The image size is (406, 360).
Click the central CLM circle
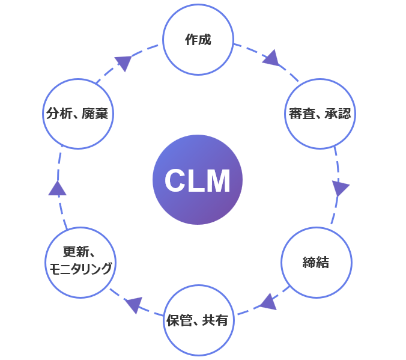pyautogui.click(x=198, y=180)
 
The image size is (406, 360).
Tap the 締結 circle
pyautogui.click(x=316, y=263)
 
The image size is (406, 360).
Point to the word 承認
pyautogui.click(x=338, y=114)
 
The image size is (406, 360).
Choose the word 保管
pyautogui.click(x=178, y=320)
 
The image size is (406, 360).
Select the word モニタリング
pyautogui.click(x=79, y=269)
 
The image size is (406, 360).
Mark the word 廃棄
pyautogui.click(x=95, y=114)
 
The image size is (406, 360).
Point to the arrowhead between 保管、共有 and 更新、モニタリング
pyautogui.click(x=133, y=304)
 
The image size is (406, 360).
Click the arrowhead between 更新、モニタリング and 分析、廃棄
pyautogui.click(x=57, y=188)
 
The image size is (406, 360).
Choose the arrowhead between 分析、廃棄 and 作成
pyautogui.click(x=124, y=62)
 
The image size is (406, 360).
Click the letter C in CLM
pyautogui.click(x=175, y=181)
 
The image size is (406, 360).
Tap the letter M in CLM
pyautogui.click(x=217, y=181)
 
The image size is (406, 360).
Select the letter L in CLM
pyautogui.click(x=196, y=181)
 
